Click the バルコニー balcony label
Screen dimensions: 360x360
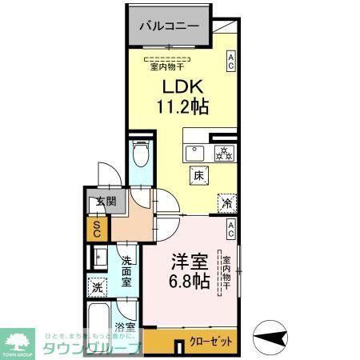(168, 26)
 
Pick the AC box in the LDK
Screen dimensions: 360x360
(230, 61)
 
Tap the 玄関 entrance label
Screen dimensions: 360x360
(97, 202)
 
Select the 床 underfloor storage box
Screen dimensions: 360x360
(196, 174)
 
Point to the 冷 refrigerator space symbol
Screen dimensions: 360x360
(226, 202)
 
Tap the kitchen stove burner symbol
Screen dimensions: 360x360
(223, 152)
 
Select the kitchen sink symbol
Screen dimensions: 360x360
(194, 151)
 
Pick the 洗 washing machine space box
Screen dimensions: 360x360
(98, 286)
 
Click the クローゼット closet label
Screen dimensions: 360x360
(214, 341)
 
